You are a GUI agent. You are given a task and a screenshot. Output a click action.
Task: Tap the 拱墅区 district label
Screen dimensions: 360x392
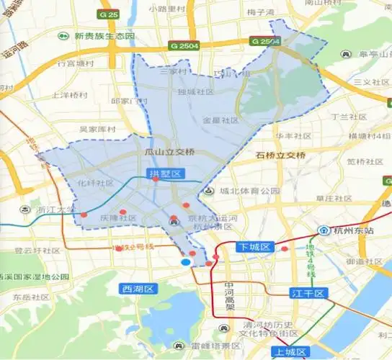point(166,174)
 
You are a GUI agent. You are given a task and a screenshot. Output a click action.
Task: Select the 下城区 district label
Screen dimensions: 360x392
point(254,247)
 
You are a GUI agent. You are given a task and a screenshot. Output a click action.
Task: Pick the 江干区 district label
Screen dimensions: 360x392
point(309,293)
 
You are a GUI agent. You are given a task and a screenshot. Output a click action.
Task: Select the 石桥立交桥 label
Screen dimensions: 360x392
point(281,155)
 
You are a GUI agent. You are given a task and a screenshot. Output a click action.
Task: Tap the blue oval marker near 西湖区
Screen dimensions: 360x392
point(186,262)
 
